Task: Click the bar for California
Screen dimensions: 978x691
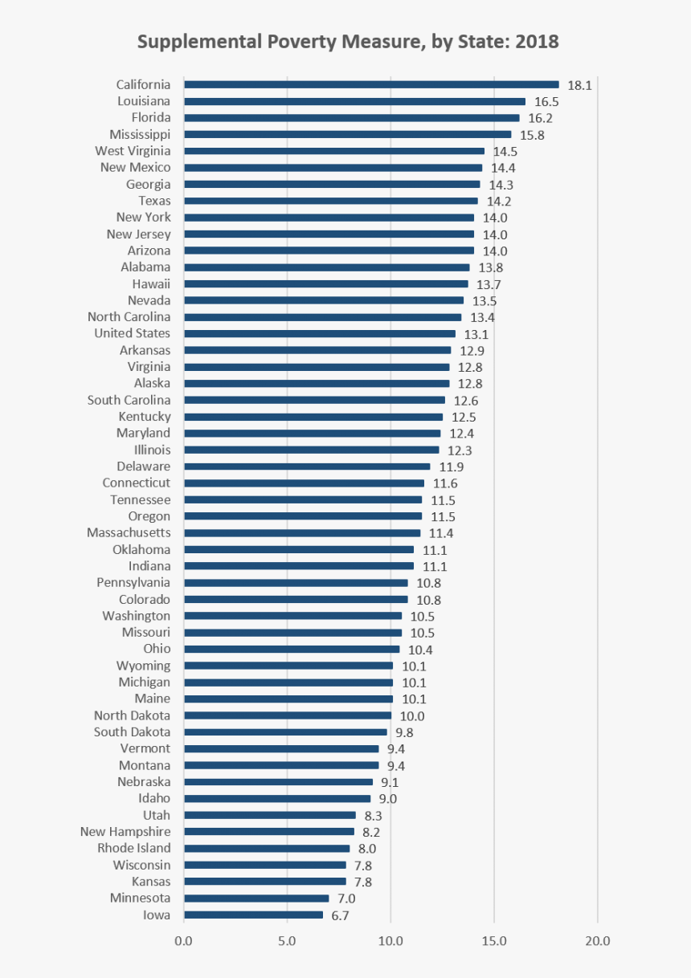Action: coord(371,84)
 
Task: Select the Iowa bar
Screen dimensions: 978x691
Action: coord(253,915)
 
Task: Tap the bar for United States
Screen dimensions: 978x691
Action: coord(319,333)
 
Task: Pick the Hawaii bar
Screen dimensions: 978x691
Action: coord(325,283)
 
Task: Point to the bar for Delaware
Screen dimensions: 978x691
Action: coord(307,467)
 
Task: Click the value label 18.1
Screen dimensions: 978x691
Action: coord(579,85)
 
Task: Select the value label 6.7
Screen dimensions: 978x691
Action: coord(341,915)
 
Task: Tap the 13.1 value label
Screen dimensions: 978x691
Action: coord(476,334)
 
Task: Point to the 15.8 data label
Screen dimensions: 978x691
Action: coord(532,135)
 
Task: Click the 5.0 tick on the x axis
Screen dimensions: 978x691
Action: coord(287,941)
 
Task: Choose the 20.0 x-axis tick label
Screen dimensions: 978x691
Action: coord(597,941)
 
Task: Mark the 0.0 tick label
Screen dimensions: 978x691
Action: coord(184,941)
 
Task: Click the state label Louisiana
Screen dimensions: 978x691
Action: coord(144,101)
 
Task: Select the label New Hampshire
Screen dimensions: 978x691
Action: coord(125,832)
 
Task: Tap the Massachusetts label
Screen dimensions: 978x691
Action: coord(129,532)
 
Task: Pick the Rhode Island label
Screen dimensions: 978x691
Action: coord(134,848)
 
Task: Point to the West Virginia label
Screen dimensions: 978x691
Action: coord(133,151)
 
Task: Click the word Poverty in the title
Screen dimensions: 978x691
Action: coord(291,42)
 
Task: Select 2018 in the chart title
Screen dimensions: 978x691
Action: coord(538,42)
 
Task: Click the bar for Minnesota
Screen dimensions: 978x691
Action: coord(256,898)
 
